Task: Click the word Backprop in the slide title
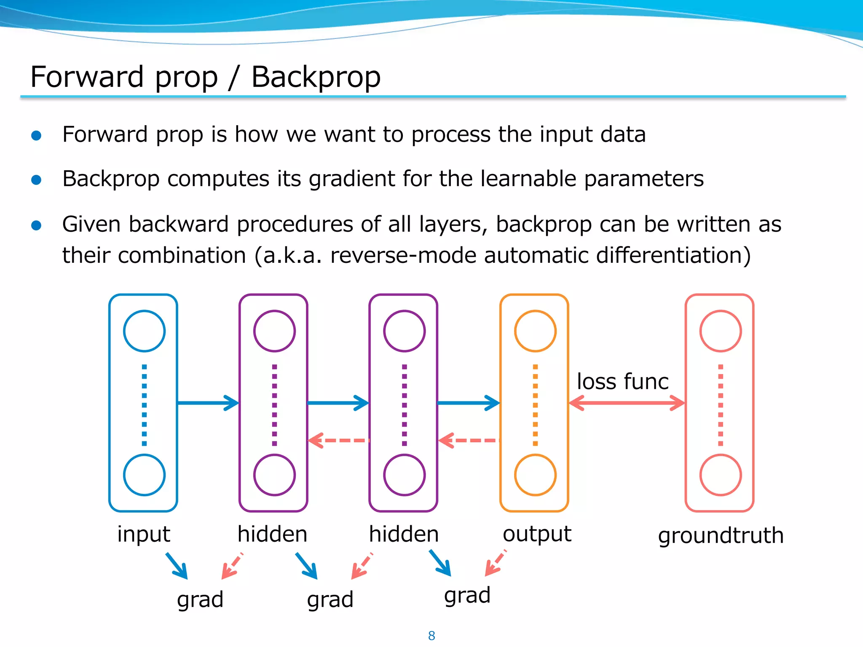[316, 77]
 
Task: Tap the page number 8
[431, 635]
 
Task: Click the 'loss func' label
[622, 382]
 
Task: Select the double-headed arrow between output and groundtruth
[627, 403]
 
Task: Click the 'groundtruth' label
[721, 536]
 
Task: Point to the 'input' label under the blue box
[143, 534]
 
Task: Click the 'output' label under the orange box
[536, 534]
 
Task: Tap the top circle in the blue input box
[144, 331]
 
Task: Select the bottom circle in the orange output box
[535, 475]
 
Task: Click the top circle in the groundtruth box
[720, 331]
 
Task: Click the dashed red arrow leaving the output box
[469, 441]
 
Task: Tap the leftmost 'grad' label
[200, 599]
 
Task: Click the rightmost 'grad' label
[467, 596]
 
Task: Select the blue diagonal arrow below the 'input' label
[177, 566]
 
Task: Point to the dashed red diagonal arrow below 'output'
[495, 563]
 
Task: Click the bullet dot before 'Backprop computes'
[37, 180]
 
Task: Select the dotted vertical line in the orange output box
[535, 404]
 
